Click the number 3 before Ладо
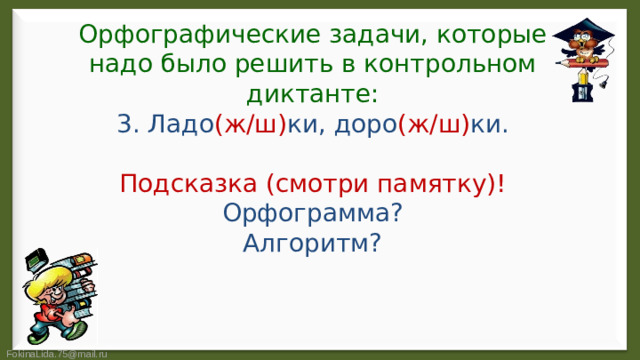pyautogui.click(x=126, y=126)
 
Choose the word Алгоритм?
pyautogui.click(x=311, y=244)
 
